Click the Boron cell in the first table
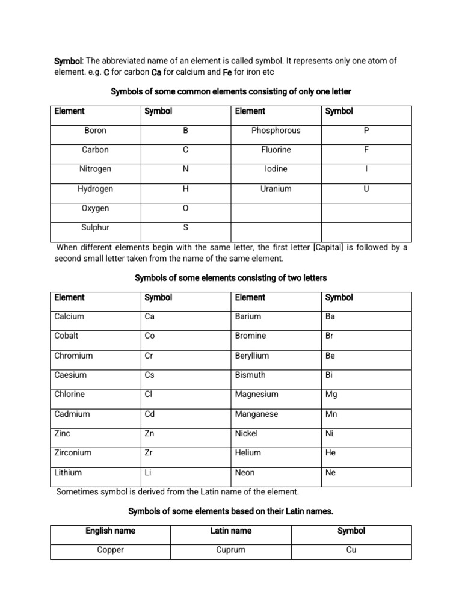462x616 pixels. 95,131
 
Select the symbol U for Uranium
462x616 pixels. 366,189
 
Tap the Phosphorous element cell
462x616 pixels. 276,131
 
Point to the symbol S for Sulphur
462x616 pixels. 185,228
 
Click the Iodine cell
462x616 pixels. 276,170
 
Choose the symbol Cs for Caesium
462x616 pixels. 150,375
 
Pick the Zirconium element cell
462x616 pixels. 73,453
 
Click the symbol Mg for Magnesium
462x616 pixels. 331,395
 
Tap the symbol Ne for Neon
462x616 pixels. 330,473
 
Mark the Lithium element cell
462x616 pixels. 68,473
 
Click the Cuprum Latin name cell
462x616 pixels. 230,550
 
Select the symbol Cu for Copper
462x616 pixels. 351,550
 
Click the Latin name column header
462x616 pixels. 230,531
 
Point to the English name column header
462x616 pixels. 110,531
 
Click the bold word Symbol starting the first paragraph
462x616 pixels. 68,61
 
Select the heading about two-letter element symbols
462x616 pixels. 230,278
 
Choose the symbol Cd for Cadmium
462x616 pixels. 150,414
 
